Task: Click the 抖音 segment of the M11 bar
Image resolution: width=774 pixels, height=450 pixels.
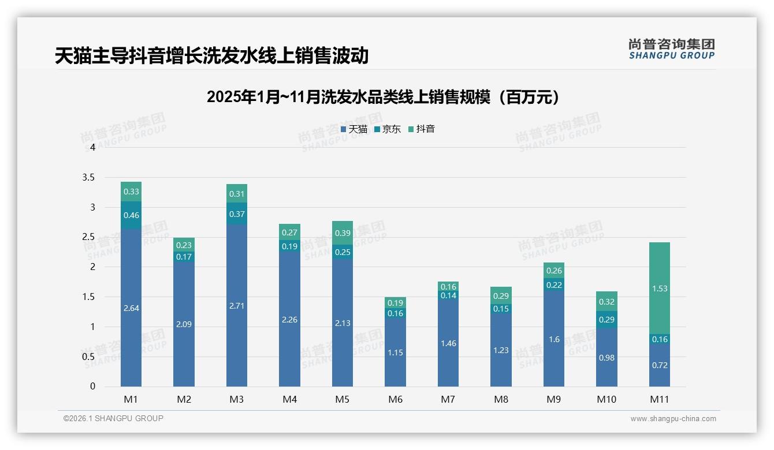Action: coord(660,288)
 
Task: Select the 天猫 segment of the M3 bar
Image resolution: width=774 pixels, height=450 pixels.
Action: coord(237,306)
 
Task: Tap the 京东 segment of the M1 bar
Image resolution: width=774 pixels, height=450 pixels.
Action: coord(131,215)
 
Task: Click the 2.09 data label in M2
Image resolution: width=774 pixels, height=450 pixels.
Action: coord(184,324)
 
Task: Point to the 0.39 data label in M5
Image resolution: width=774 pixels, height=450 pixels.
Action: coord(343,233)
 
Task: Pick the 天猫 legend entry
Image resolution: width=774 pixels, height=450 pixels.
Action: coord(354,129)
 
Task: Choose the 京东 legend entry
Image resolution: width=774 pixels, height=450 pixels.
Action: coord(388,129)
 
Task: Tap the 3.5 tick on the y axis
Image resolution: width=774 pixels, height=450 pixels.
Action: coord(88,177)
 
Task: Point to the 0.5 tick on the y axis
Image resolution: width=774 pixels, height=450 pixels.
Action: coord(88,357)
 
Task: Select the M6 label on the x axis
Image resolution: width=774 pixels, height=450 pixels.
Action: coord(396,399)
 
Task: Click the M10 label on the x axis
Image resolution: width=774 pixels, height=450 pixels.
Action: coord(606,399)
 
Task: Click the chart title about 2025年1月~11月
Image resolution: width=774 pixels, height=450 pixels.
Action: coord(383,97)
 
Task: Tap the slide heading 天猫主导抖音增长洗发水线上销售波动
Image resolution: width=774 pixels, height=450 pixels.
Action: coord(211,56)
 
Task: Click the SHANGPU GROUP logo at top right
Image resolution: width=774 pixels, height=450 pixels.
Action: coord(671,49)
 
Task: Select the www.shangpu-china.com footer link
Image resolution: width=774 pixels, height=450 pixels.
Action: coord(673,419)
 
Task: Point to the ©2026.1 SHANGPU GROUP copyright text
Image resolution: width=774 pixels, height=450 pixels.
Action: coord(113,418)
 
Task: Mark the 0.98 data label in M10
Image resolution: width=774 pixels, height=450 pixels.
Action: coord(606,358)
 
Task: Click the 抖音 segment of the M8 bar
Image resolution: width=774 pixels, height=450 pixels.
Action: coord(501,295)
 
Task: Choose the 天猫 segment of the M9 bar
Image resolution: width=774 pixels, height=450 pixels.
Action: coord(554,339)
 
